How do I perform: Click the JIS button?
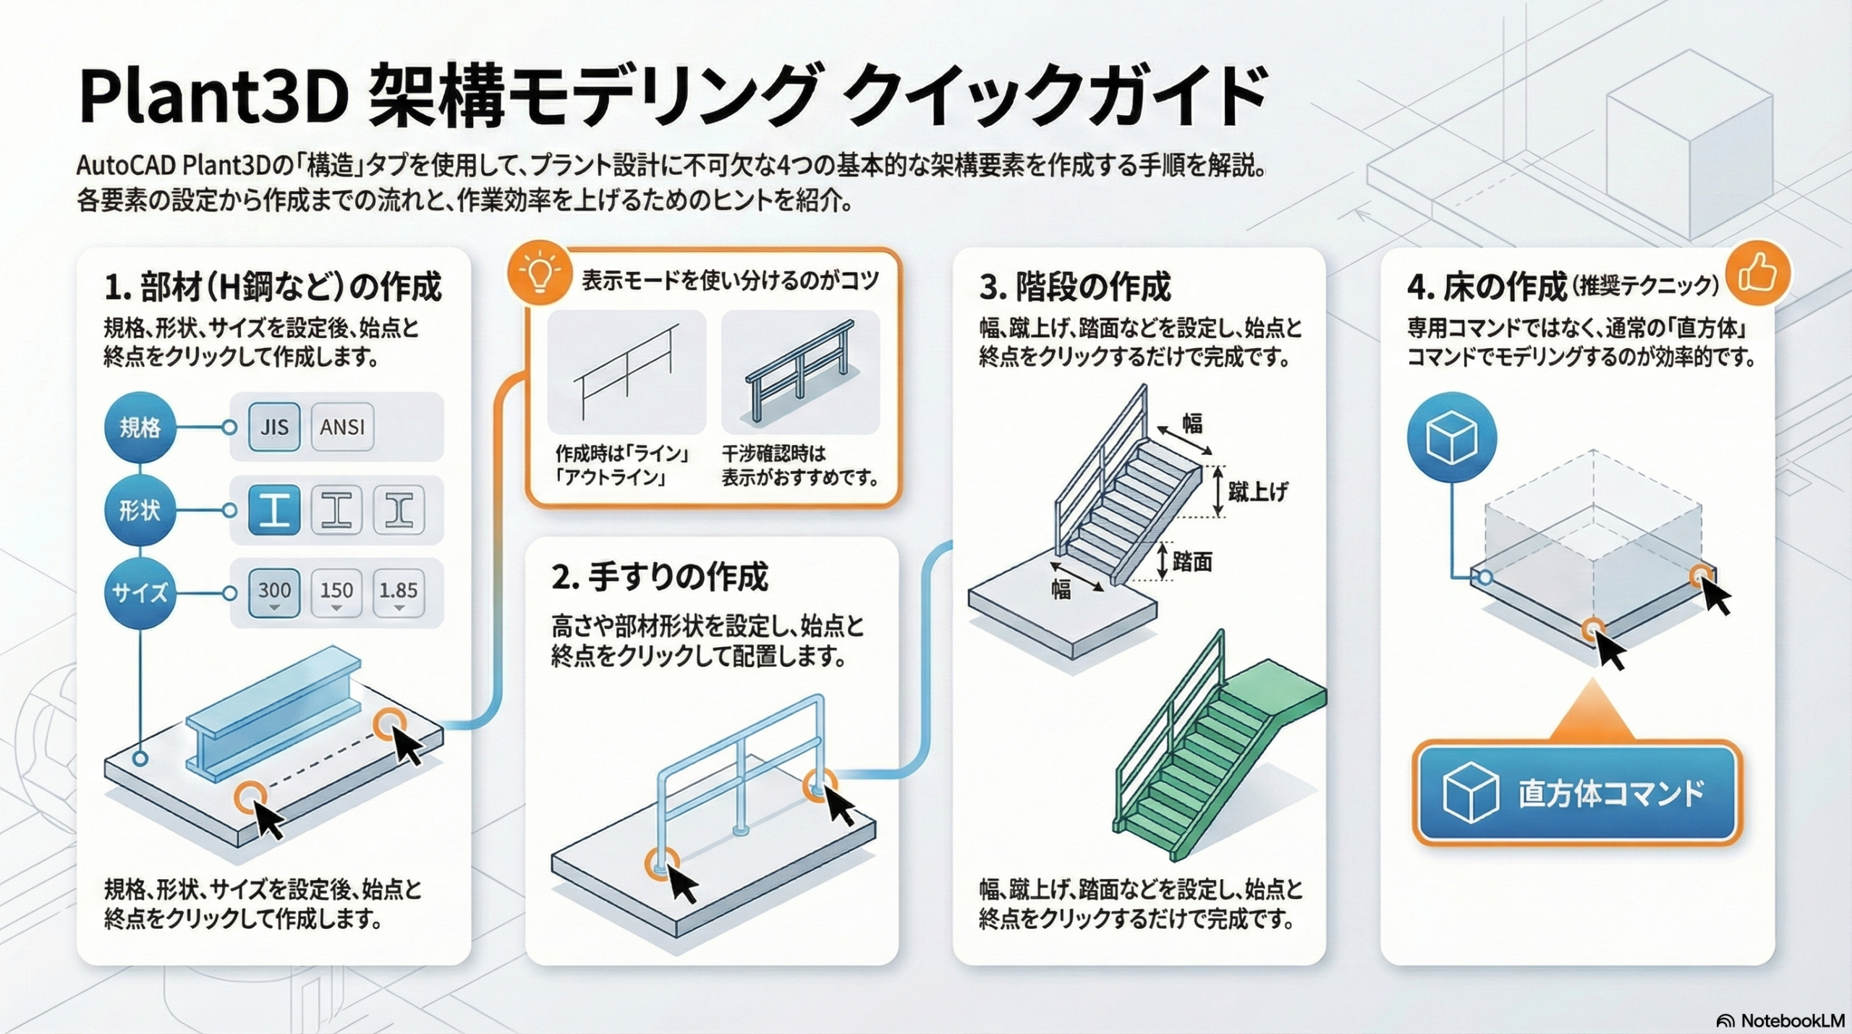pyautogui.click(x=274, y=427)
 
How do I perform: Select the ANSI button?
pyautogui.click(x=342, y=427)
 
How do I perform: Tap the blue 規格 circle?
pyautogui.click(x=140, y=428)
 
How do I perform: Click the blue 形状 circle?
pyautogui.click(x=140, y=511)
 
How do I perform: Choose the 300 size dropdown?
pyautogui.click(x=274, y=593)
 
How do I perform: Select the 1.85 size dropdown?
pyautogui.click(x=399, y=593)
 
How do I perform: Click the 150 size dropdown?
pyautogui.click(x=336, y=593)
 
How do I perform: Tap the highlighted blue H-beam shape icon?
pyautogui.click(x=274, y=511)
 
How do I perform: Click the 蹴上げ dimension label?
pyautogui.click(x=1257, y=492)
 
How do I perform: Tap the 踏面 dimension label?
pyautogui.click(x=1192, y=562)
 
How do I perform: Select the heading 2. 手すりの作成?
pyautogui.click(x=659, y=577)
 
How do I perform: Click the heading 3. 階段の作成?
pyautogui.click(x=1075, y=287)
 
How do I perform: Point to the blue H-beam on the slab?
pyautogui.click(x=273, y=713)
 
